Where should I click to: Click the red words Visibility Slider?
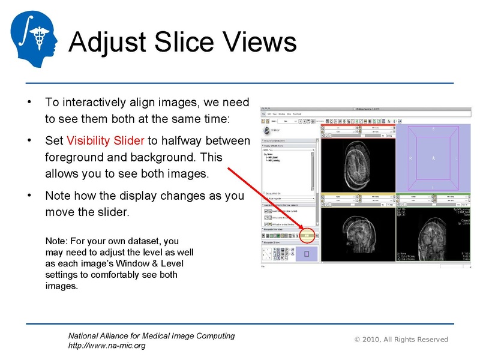[x=105, y=141]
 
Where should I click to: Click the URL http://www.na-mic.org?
[x=106, y=346]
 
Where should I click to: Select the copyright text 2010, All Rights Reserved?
[x=405, y=340]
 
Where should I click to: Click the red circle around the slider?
[x=307, y=236]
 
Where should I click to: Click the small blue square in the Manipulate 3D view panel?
[x=307, y=255]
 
